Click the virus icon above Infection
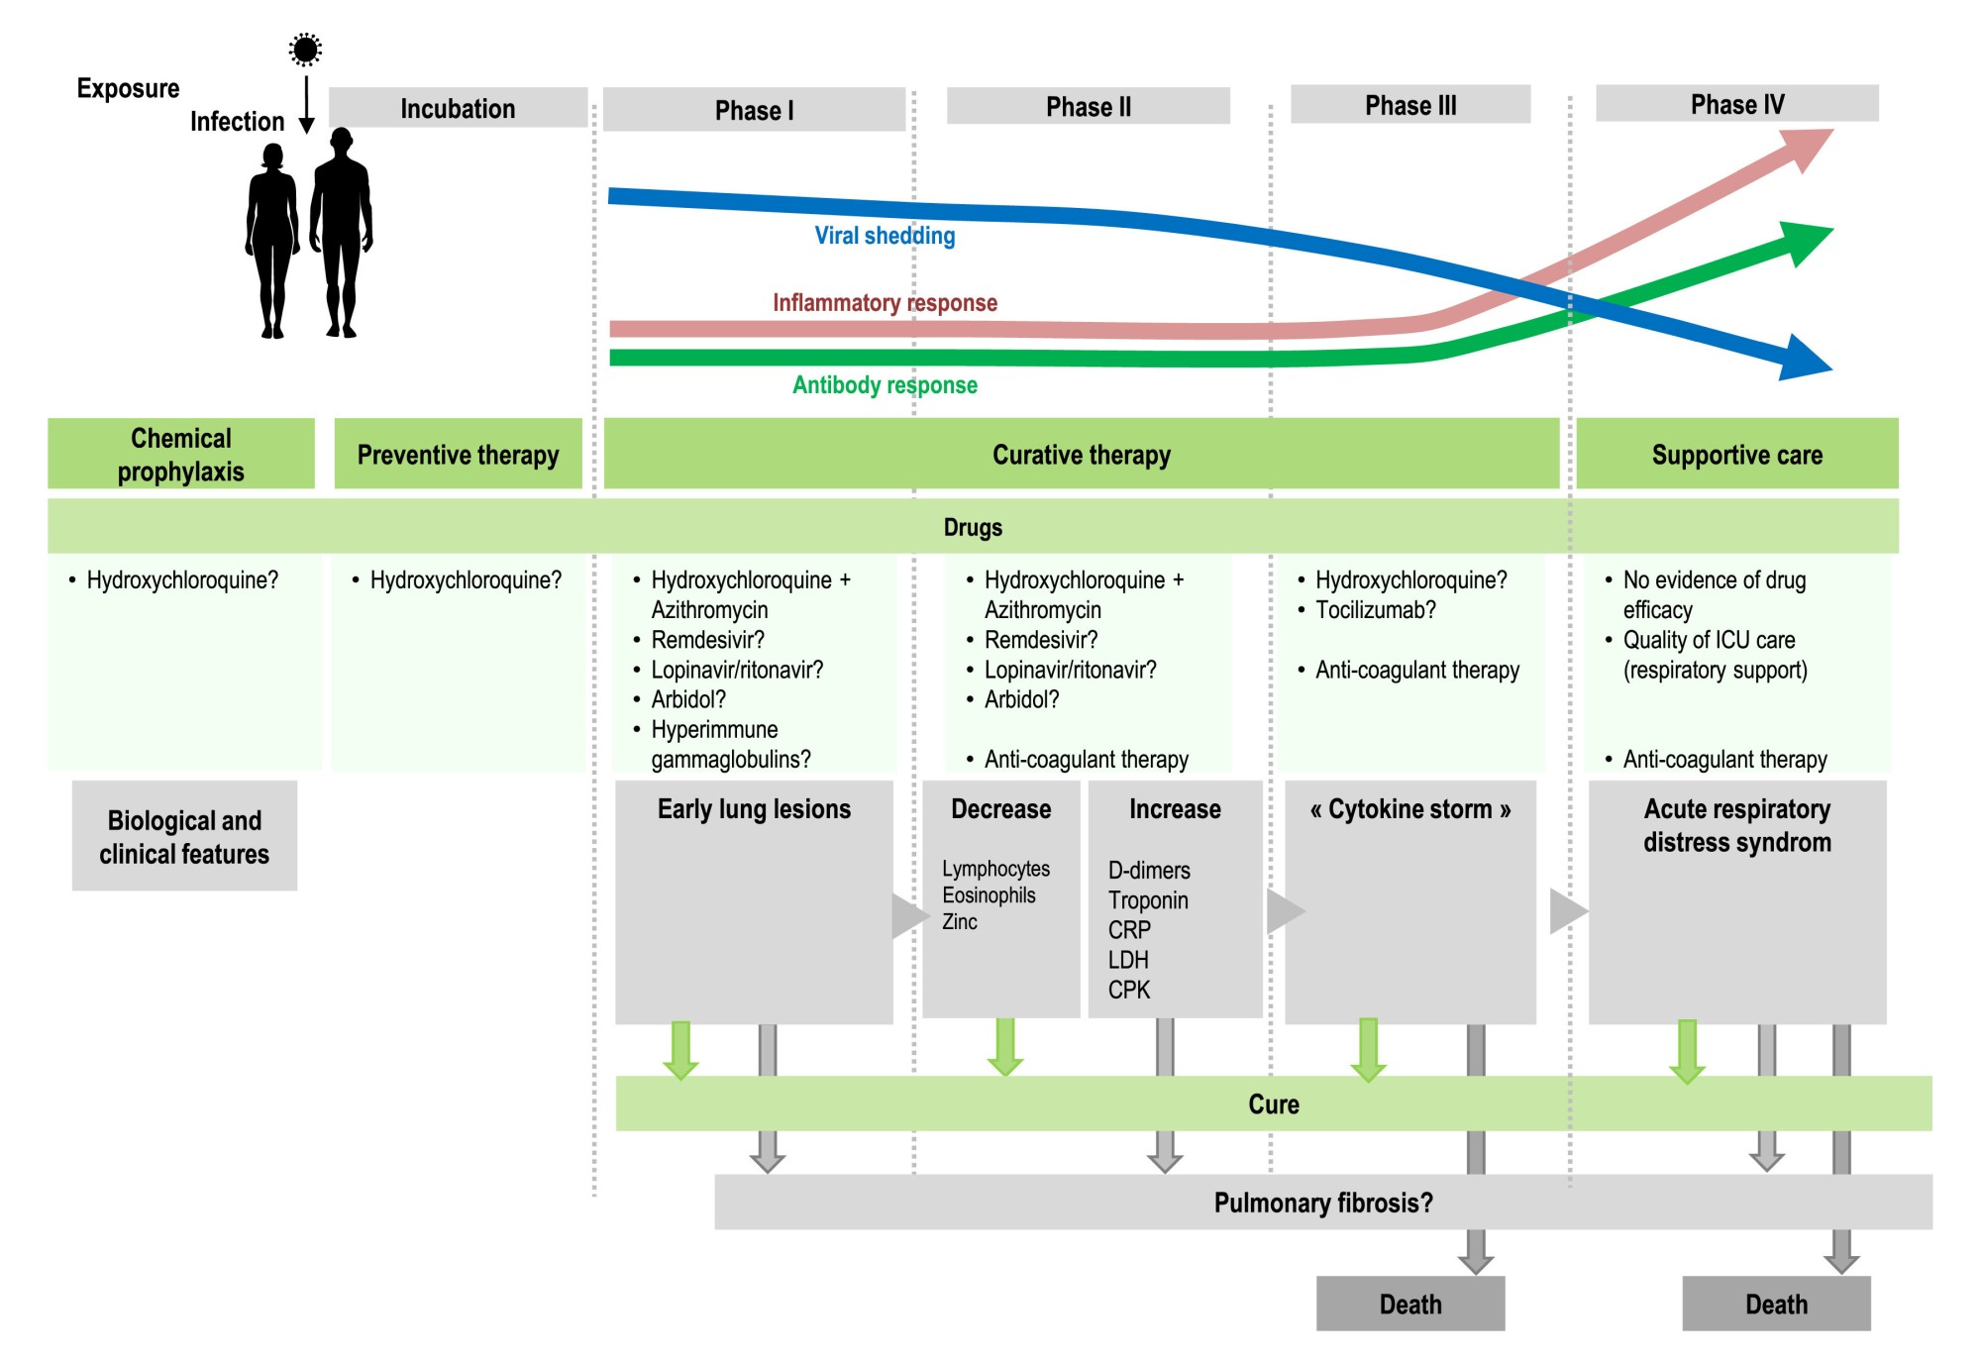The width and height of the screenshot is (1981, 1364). [x=305, y=50]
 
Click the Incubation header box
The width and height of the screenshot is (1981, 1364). [x=458, y=108]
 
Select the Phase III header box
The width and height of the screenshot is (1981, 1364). [x=1410, y=105]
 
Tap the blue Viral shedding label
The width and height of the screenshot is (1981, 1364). [x=885, y=236]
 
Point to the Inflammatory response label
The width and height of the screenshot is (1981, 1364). [x=885, y=302]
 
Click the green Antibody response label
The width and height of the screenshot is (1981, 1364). [x=885, y=385]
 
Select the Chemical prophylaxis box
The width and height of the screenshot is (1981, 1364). [x=181, y=455]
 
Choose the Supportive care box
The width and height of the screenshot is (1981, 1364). [x=1736, y=455]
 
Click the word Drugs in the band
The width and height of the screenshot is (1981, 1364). [x=973, y=527]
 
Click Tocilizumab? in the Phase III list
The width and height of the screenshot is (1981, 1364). [x=1375, y=610]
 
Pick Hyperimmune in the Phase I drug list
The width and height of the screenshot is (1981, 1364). [x=714, y=730]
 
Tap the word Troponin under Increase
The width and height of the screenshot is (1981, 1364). [x=1148, y=900]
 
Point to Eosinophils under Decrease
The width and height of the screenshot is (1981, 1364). [x=989, y=895]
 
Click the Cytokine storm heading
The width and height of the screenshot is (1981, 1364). [x=1409, y=809]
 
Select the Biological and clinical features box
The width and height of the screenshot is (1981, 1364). [x=184, y=836]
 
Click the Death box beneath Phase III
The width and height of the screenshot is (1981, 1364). [x=1409, y=1304]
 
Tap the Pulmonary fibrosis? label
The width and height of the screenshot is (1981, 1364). [x=1323, y=1203]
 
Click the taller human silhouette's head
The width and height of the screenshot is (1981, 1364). [x=342, y=140]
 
